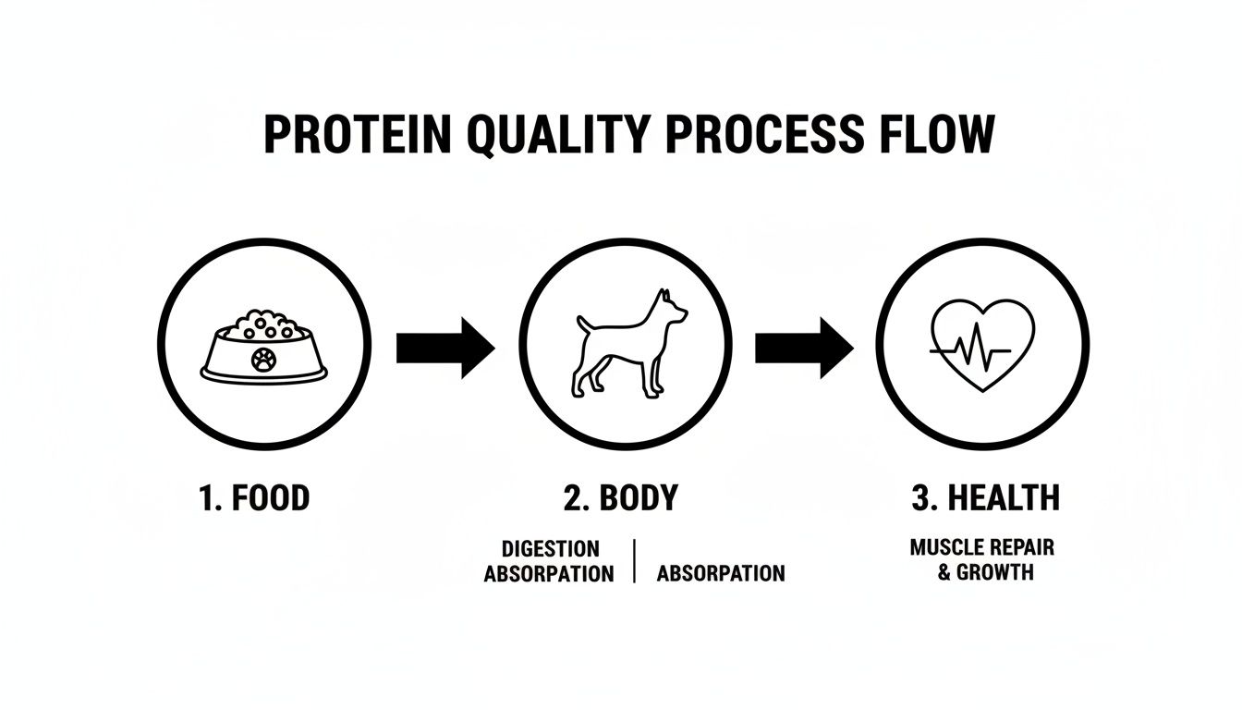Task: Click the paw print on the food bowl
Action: tap(262, 359)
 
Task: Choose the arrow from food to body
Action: tap(445, 348)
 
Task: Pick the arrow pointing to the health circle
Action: tap(804, 348)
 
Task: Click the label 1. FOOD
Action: tap(254, 498)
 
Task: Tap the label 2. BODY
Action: tap(620, 498)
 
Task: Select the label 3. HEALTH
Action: tap(985, 498)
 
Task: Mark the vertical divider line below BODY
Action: tap(635, 561)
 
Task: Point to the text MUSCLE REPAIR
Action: tap(981, 546)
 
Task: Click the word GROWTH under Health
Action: tap(994, 572)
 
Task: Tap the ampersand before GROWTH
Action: tap(944, 572)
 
